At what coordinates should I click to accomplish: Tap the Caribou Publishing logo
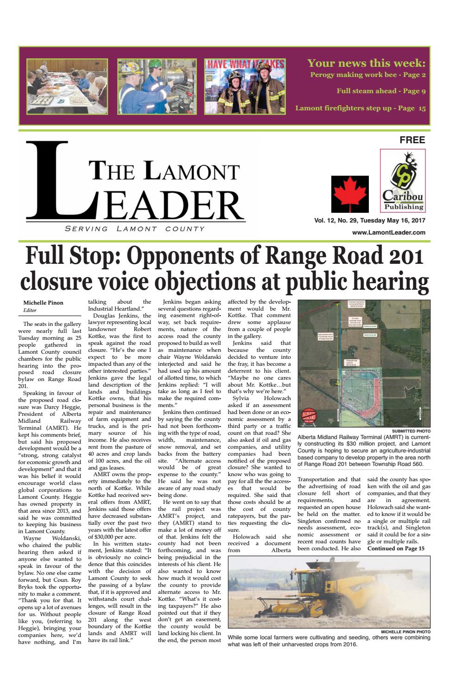pyautogui.click(x=402, y=181)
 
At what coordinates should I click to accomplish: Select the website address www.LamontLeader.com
pyautogui.click(x=388, y=233)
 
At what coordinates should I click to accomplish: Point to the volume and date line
pyautogui.click(x=370, y=221)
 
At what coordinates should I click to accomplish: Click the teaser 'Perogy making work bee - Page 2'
pyautogui.click(x=367, y=75)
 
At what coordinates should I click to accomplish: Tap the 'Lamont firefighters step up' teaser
pyautogui.click(x=360, y=108)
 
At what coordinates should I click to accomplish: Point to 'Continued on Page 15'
pyautogui.click(x=396, y=549)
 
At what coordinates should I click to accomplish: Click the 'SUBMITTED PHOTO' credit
pyautogui.click(x=411, y=431)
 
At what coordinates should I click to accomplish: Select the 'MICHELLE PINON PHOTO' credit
pyautogui.click(x=405, y=631)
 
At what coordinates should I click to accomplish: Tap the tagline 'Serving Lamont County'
pyautogui.click(x=135, y=229)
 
